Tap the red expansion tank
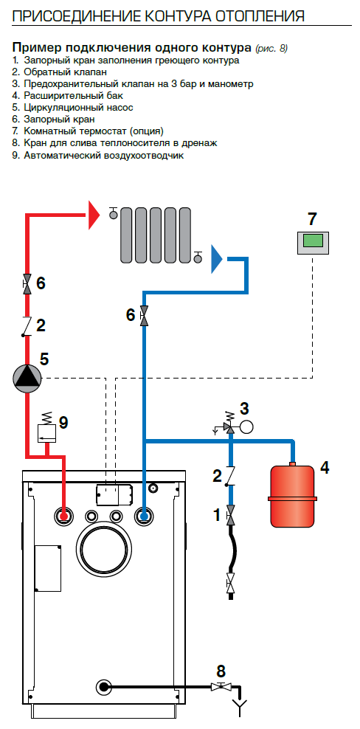click(293, 495)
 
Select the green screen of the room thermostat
click(313, 241)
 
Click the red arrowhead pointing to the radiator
click(94, 215)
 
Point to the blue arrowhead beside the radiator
click(217, 258)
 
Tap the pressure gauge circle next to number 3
click(246, 426)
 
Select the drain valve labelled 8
click(221, 686)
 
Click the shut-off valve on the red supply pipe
click(27, 283)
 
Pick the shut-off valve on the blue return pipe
click(144, 316)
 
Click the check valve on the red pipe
click(27, 326)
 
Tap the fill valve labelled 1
click(230, 514)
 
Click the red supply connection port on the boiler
click(63, 516)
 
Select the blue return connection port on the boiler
click(144, 516)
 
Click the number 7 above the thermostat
click(312, 218)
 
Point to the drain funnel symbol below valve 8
click(240, 708)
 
